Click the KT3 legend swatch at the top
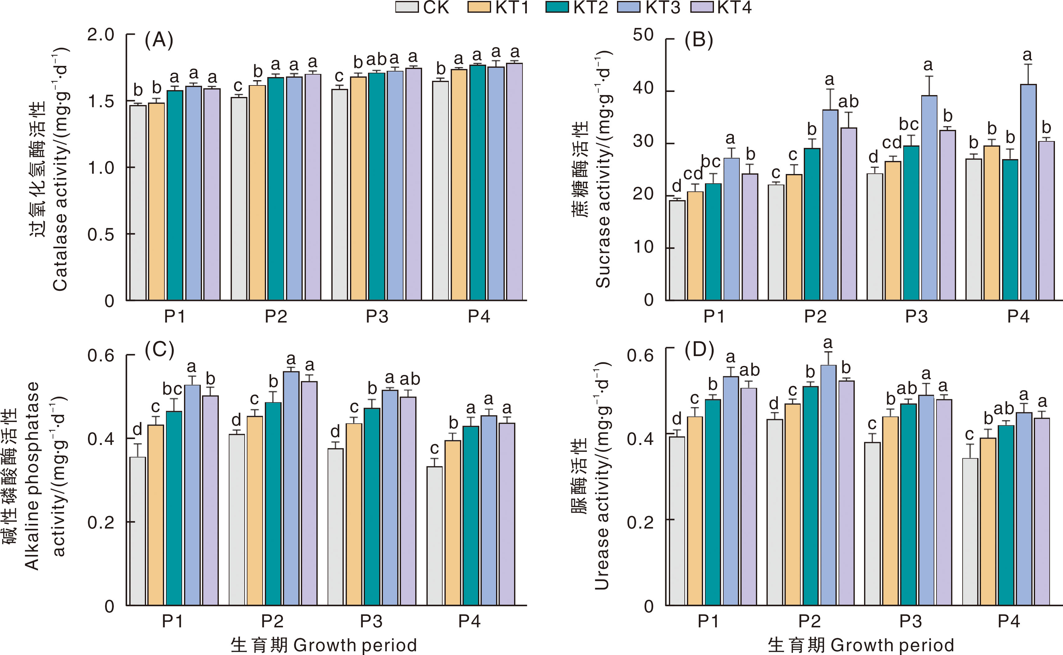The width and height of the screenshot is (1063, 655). tap(628, 7)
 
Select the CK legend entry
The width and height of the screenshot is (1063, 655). tap(422, 7)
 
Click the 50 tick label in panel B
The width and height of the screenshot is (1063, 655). tap(643, 35)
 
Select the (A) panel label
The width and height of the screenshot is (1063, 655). tap(159, 40)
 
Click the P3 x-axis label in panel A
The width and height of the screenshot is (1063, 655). tap(377, 317)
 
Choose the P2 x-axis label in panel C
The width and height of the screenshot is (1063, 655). tap(272, 622)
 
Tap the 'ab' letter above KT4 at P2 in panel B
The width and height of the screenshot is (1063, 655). tap(848, 102)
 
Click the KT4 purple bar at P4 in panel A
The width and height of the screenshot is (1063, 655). tap(514, 182)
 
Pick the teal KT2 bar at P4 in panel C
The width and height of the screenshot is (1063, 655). tap(471, 515)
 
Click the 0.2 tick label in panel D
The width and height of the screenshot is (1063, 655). tap(640, 522)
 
